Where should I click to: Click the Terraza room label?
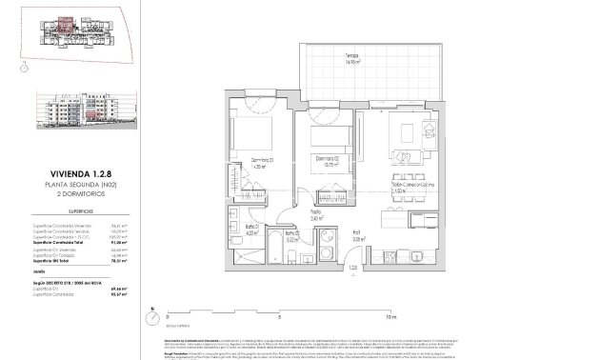380,58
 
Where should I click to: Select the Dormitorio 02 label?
330,160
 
